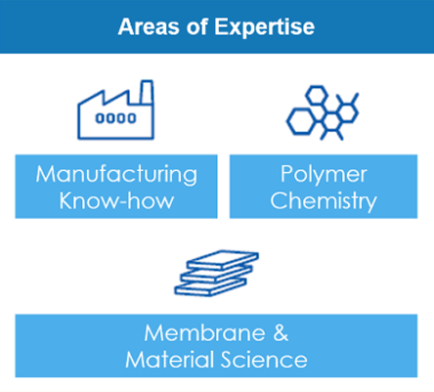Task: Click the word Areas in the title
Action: coord(149,26)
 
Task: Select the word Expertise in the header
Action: coord(264,27)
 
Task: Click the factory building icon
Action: coord(115,109)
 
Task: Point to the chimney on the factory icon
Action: coord(147,92)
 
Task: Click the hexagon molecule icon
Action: coord(323,112)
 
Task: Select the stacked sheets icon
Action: coord(216,273)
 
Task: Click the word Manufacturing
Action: coord(116,175)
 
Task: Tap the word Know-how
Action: coord(116,200)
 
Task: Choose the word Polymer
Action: coord(324,175)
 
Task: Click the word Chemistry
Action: coord(324,201)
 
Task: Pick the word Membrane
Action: coord(204,333)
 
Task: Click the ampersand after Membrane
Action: coord(281,333)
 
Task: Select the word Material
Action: coord(169,360)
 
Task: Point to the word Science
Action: coord(264,360)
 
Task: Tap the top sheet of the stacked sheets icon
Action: coord(223,259)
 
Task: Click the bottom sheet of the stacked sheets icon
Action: coord(210,286)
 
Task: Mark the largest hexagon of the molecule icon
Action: coord(301,121)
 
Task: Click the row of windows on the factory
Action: coord(115,118)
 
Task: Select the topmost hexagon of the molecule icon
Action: coord(317,95)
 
